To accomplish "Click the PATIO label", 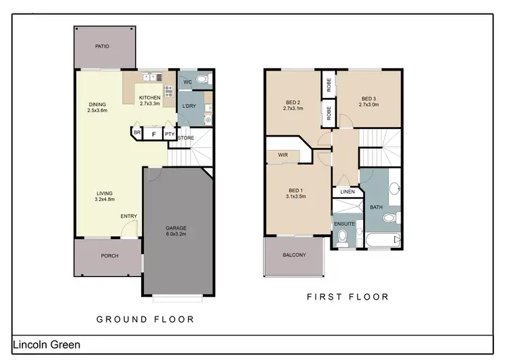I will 101,46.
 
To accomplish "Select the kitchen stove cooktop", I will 168,92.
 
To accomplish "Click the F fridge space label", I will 154,134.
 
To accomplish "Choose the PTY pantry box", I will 170,134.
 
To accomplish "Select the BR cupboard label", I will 137,132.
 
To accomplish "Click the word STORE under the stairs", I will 186,139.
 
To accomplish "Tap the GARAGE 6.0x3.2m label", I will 176,230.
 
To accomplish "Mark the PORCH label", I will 109,256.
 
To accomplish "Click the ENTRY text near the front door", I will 129,217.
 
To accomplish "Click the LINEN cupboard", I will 347,192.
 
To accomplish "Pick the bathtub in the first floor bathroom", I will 381,240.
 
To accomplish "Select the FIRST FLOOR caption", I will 347,297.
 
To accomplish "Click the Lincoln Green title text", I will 46,345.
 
